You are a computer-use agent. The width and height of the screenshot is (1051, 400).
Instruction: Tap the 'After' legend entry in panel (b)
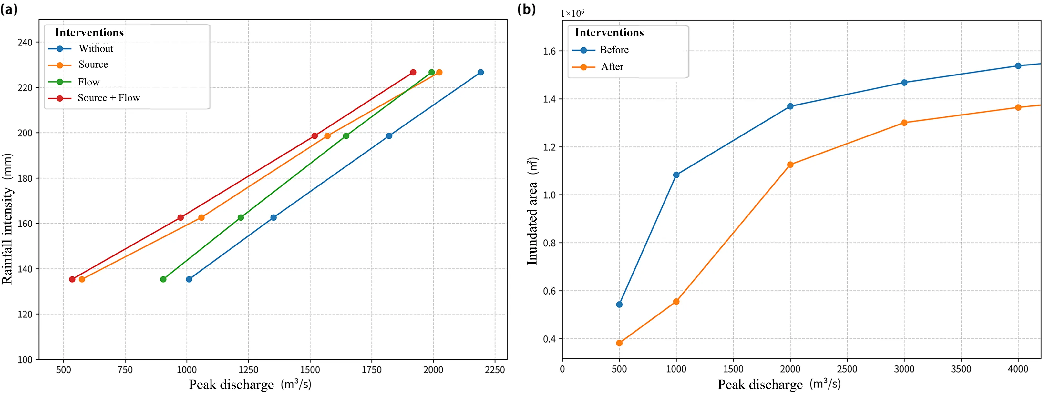pyautogui.click(x=612, y=67)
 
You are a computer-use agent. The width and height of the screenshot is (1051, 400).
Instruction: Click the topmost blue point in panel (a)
pyautogui.click(x=481, y=73)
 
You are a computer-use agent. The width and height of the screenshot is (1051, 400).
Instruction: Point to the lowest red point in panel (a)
pyautogui.click(x=72, y=279)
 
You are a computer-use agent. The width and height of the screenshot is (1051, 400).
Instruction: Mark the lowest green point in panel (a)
pyautogui.click(x=163, y=279)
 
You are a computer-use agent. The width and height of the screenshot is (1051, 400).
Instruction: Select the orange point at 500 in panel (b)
pyautogui.click(x=619, y=343)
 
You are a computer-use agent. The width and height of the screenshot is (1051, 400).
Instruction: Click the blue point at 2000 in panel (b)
pyautogui.click(x=790, y=106)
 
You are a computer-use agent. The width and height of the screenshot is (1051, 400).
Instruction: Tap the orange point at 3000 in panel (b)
pyautogui.click(x=904, y=123)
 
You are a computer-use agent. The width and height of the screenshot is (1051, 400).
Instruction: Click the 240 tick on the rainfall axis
pyautogui.click(x=25, y=42)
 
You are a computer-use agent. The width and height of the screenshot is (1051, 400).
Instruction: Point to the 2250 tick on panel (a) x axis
pyautogui.click(x=495, y=370)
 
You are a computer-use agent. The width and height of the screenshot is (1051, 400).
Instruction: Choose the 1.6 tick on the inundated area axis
pyautogui.click(x=550, y=51)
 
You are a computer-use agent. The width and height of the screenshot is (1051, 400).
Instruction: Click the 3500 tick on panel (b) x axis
pyautogui.click(x=961, y=369)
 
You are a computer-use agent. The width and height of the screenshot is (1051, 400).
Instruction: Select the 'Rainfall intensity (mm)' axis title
pyautogui.click(x=7, y=219)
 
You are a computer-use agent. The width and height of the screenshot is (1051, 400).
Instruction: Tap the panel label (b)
pyautogui.click(x=526, y=9)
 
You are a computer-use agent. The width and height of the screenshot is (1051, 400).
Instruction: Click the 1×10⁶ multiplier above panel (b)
pyautogui.click(x=572, y=14)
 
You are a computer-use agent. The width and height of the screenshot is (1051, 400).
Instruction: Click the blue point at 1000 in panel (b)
pyautogui.click(x=676, y=175)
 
